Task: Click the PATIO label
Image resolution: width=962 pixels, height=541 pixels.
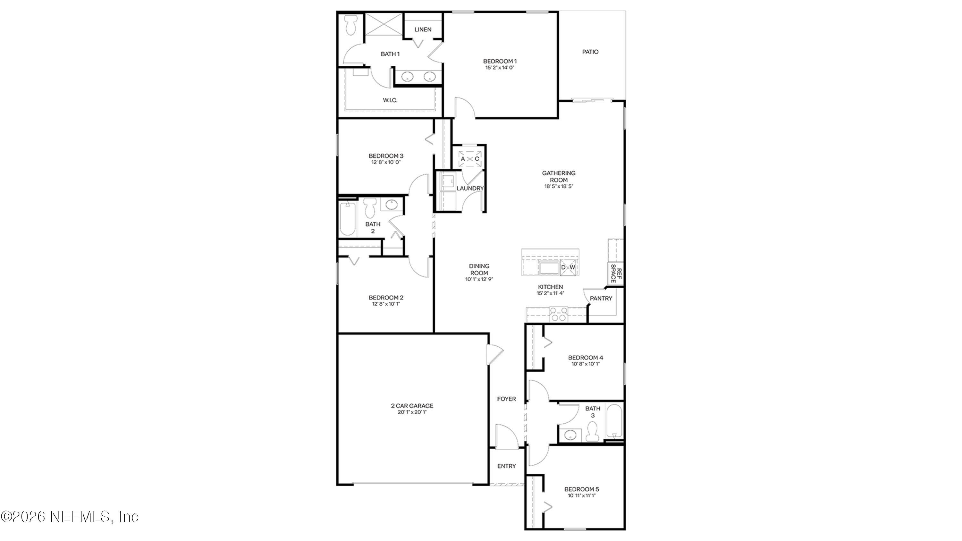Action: point(590,52)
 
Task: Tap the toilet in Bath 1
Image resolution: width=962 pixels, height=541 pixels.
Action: point(351,25)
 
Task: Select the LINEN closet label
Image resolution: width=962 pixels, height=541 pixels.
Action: point(423,30)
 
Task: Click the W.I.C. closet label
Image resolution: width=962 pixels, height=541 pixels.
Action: point(390,100)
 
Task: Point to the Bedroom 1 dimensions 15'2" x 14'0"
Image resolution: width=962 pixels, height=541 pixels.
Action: point(500,68)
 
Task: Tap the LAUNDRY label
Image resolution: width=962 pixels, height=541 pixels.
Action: point(470,189)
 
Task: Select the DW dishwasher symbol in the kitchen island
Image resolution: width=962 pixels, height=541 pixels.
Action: point(568,267)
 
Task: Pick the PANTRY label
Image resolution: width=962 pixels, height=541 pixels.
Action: point(601,298)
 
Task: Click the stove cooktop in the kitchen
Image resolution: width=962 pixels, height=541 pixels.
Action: point(558,314)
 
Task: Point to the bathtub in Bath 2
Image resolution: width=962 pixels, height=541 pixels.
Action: point(347,219)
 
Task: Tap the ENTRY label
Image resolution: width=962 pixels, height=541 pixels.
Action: point(506,466)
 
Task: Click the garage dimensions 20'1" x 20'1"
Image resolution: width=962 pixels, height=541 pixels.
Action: point(412,412)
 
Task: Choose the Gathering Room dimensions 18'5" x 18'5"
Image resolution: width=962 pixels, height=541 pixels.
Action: point(558,186)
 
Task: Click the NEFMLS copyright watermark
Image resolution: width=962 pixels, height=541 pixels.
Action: point(70,517)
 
